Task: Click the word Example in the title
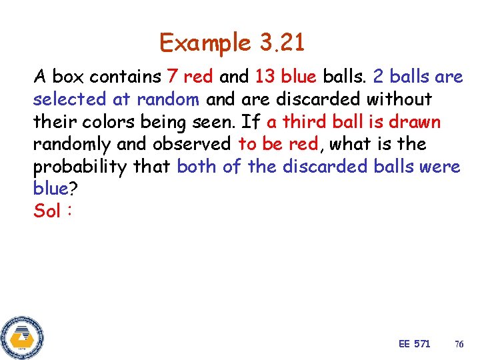(205, 44)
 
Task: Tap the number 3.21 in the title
(281, 44)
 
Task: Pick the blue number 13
(265, 77)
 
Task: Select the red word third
(308, 122)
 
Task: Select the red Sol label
(47, 211)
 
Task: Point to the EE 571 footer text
(414, 343)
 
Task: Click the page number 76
(459, 344)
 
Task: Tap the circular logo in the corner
(22, 337)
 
